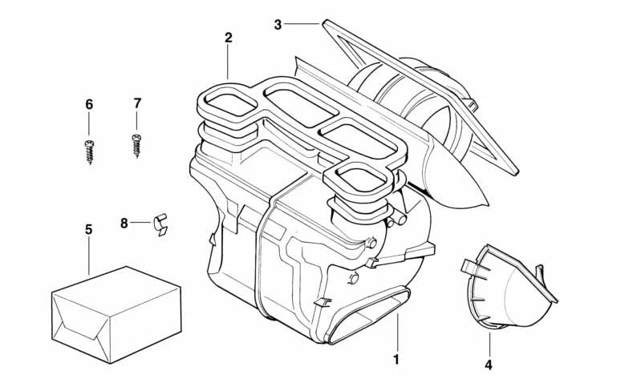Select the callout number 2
[x=229, y=38]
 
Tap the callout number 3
[x=278, y=24]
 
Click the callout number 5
[x=88, y=229]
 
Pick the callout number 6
[x=89, y=104]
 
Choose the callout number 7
[x=137, y=103]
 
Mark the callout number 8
[x=124, y=223]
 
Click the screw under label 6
[x=89, y=151]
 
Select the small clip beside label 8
[x=161, y=224]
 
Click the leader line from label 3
[x=303, y=24]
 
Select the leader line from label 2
[x=229, y=61]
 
